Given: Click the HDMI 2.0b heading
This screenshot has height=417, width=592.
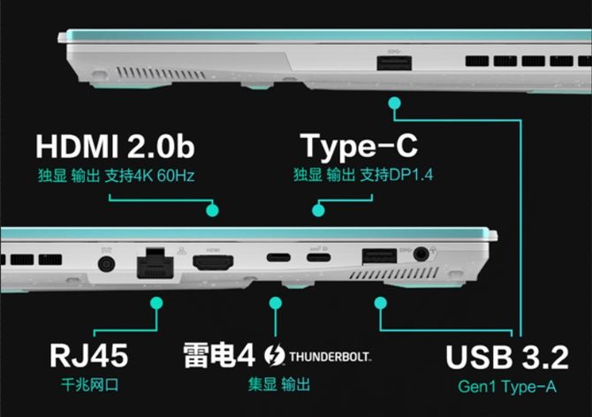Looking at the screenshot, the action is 115,147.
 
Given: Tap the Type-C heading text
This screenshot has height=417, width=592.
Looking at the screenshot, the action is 359,147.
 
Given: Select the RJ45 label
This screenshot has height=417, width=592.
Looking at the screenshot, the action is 89,355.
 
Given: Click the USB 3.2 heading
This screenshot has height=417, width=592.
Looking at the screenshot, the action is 507,357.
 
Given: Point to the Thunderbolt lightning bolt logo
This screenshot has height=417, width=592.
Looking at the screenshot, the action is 275,355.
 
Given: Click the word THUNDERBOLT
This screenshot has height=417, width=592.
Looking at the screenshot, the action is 330,356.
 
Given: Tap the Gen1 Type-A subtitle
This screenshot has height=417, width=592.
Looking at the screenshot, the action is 506,386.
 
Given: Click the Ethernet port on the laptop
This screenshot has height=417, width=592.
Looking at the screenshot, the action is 156,263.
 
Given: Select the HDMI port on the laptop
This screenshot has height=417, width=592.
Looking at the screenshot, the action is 213,262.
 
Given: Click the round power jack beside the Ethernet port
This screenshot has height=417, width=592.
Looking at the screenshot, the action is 106,263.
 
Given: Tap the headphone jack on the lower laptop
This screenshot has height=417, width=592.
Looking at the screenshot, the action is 421,254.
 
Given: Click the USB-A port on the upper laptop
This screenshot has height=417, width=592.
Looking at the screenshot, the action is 394,63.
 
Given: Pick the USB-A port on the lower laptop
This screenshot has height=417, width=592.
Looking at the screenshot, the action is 379,256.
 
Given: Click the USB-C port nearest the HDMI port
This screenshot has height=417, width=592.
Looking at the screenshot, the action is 278,258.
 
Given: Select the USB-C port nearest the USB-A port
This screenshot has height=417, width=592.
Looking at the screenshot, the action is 319,258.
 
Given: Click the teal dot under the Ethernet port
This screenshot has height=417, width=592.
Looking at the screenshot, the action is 156,303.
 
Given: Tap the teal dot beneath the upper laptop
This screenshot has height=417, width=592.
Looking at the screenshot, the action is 395,103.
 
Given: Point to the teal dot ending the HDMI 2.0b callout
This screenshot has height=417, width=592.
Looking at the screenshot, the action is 212,210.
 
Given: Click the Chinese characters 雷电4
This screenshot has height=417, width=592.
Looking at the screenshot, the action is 219,355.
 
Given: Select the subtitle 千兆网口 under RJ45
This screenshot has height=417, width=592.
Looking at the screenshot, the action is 90,385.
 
